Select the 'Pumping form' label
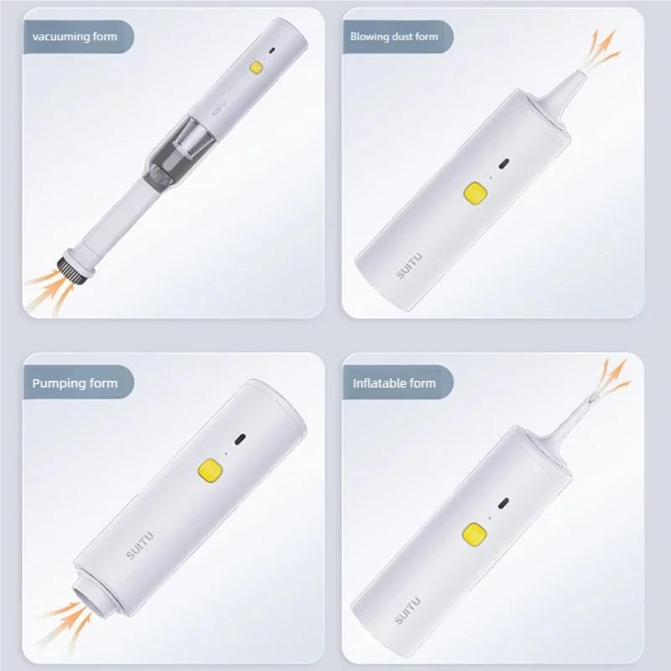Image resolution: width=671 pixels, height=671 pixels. (x=75, y=383)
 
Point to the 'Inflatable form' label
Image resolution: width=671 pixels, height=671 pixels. (x=393, y=383)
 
